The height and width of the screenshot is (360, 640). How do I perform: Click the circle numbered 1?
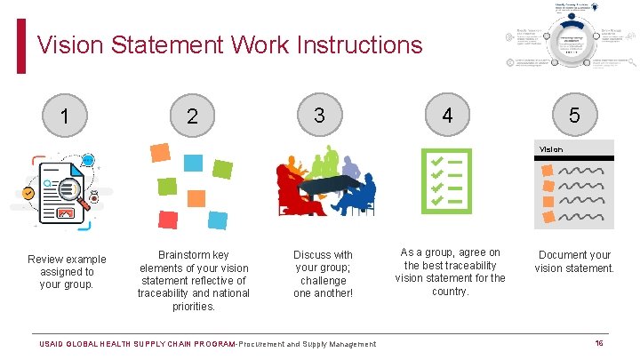(65, 116)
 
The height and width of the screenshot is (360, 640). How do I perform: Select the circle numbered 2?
(193, 116)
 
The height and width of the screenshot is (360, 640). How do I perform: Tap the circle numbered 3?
(319, 115)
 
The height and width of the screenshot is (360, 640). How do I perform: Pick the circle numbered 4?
(447, 116)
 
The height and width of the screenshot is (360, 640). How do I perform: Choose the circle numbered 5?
(574, 116)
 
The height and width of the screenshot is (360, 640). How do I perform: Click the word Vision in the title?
(71, 44)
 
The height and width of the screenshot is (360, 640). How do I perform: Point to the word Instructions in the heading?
(356, 44)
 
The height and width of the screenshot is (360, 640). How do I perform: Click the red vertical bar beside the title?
(22, 46)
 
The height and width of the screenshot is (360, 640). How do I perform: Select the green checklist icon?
(447, 181)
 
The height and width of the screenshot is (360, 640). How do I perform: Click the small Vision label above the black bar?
(551, 149)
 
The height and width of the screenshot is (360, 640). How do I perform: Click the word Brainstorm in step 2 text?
(181, 254)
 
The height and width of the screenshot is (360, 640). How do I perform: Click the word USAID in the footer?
(52, 344)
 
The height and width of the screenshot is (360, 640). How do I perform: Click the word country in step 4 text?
(450, 291)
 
